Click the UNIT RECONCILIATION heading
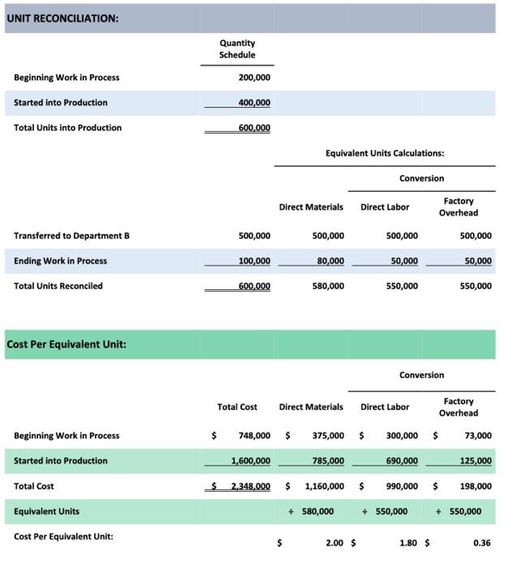62,19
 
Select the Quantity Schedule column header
237,49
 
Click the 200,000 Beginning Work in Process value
254,78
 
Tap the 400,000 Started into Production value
254,103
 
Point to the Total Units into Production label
67,128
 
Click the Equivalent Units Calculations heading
384,152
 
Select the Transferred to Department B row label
71,236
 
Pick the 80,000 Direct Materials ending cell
329,261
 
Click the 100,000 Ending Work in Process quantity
254,261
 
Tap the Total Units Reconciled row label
58,286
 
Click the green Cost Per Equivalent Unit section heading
66,344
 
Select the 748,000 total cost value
254,436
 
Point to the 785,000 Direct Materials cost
328,461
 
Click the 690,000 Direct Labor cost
402,461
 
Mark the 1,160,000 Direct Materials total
324,486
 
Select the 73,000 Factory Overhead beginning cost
478,436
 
